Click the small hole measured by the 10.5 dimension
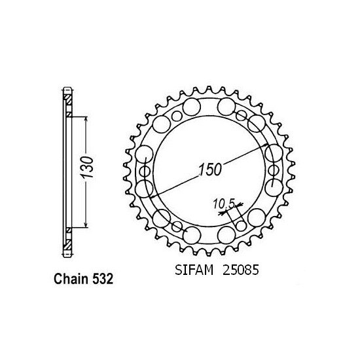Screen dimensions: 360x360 pyautogui.click(x=242, y=225)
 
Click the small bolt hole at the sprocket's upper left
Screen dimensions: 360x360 pyautogui.click(x=176, y=117)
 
